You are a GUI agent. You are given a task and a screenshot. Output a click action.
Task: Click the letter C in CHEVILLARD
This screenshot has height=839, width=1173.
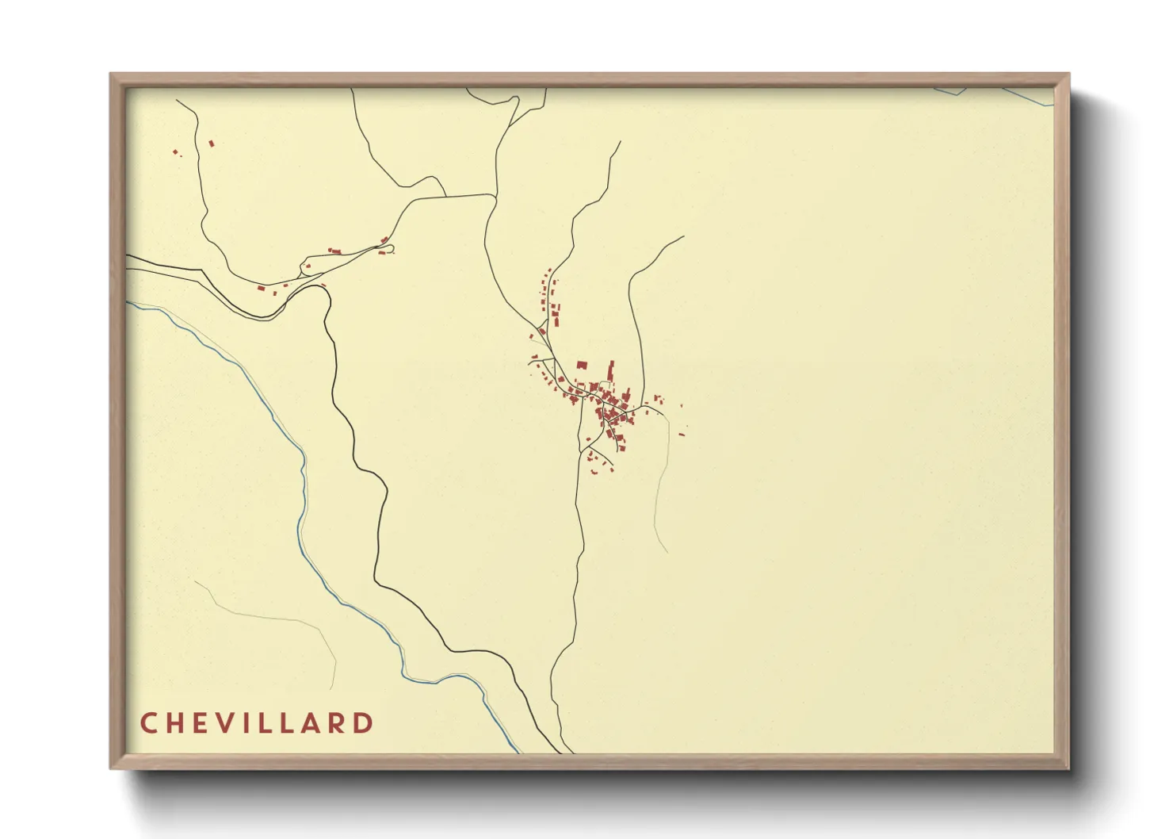click(148, 723)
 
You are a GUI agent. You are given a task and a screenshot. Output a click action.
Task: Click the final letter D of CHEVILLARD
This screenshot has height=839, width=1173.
click(364, 723)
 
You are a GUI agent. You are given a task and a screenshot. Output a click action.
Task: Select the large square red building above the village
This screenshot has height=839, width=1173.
click(581, 366)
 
